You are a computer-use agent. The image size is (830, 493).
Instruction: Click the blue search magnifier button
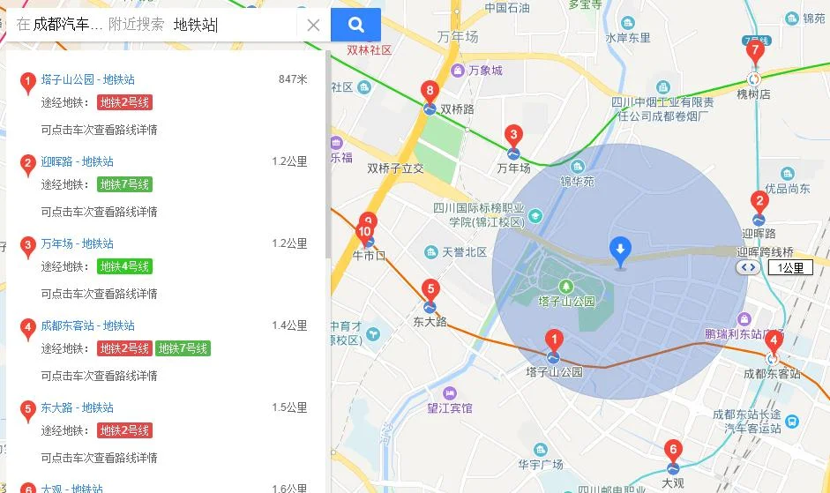355,25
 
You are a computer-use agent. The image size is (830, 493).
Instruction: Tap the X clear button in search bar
313,25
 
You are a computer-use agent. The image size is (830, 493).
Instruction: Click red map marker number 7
754,51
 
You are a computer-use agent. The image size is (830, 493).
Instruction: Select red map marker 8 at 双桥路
430,90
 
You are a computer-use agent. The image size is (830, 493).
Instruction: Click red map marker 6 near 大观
673,449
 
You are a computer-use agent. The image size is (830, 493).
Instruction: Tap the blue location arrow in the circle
620,251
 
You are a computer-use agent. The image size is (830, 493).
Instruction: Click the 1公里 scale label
787,267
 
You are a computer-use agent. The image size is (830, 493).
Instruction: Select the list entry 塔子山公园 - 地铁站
88,79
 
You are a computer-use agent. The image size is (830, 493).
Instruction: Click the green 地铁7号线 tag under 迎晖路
124,184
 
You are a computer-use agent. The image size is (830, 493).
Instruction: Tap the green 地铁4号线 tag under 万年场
124,266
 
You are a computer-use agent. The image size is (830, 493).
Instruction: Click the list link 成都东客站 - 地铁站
88,325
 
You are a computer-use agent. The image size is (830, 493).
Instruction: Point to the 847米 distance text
293,79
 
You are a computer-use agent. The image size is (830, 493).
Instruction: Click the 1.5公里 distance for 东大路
289,407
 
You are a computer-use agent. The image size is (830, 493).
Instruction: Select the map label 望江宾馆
450,408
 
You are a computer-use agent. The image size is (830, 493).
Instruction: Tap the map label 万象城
485,71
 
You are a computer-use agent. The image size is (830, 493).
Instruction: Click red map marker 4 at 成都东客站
773,340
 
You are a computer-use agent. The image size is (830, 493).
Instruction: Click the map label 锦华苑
578,182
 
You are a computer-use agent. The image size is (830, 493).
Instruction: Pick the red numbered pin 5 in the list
28,409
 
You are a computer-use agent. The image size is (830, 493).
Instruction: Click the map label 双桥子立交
395,168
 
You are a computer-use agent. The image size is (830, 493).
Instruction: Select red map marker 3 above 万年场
512,135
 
